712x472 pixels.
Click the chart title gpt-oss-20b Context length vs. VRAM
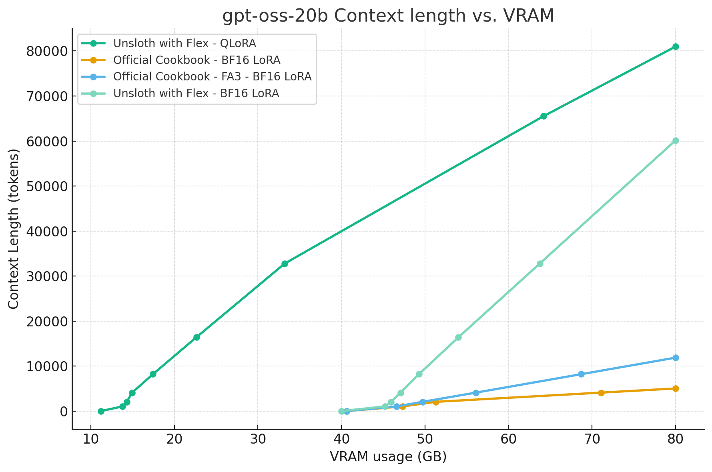[388, 16]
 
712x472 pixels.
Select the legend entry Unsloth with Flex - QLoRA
[185, 43]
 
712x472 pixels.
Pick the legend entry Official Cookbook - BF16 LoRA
[197, 60]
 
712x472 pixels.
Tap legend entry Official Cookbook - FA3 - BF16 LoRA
[212, 76]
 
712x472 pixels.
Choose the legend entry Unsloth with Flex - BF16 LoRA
[196, 93]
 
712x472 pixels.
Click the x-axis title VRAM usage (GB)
[388, 456]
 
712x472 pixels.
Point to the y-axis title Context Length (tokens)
[14, 229]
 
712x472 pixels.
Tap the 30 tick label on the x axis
[258, 439]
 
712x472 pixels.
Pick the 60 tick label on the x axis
[508, 439]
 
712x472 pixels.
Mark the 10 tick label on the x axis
[91, 439]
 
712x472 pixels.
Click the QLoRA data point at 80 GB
[676, 46]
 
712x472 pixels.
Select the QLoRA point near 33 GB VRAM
[285, 264]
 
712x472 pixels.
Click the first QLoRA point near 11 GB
[101, 411]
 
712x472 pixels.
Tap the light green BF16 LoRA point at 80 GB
[676, 140]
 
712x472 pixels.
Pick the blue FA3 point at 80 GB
[676, 358]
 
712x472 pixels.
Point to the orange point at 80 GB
[676, 388]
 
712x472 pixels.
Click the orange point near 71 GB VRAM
[601, 393]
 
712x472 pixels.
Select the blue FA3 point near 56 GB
[476, 393]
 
